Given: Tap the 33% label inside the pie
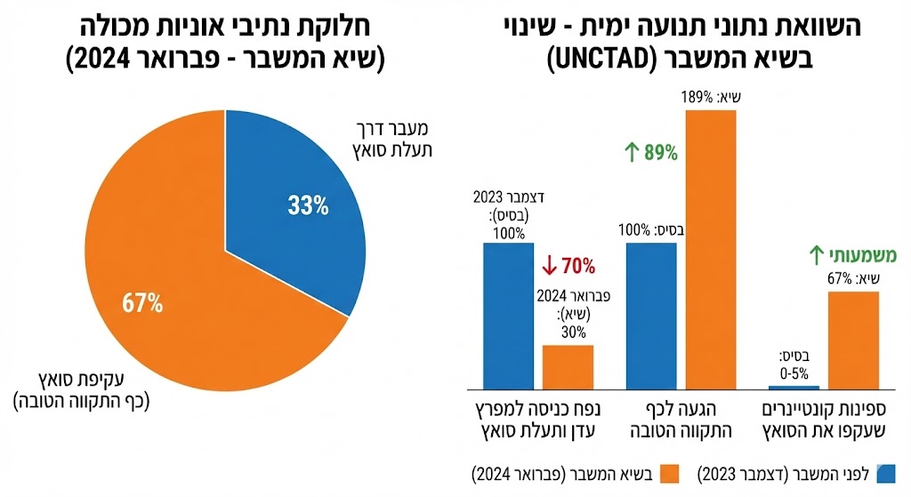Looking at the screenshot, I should coord(306,206).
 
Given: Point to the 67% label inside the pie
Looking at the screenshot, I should coord(143,302).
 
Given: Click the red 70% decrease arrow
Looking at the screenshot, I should coord(549,266).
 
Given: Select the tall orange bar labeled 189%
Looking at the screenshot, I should coord(711,249).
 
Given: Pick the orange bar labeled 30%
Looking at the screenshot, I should coord(568,366).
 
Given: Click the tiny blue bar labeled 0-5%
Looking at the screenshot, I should coord(794,388).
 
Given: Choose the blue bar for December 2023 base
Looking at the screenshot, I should coord(508,315).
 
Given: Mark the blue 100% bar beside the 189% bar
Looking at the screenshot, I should coord(652,315).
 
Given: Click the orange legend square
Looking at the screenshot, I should coord(660,470).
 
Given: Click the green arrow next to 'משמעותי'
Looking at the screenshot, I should coord(816,256).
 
